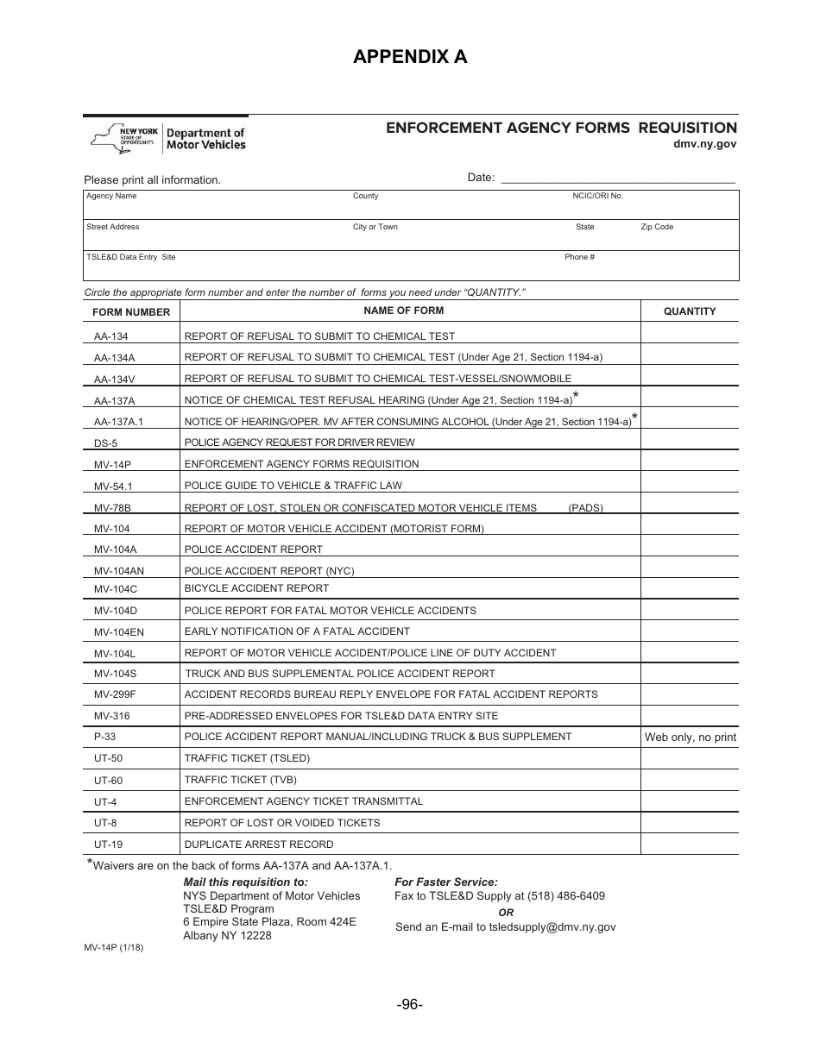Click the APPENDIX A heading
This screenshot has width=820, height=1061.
click(410, 57)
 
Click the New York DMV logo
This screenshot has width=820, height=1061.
click(167, 138)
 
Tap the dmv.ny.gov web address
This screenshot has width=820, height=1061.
click(705, 145)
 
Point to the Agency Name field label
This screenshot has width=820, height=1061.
click(111, 197)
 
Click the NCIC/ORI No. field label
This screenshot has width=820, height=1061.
click(597, 197)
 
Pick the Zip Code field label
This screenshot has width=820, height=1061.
click(656, 228)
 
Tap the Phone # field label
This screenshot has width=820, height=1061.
click(579, 258)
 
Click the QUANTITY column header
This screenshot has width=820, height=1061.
click(689, 311)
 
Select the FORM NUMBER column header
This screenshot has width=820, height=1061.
click(131, 312)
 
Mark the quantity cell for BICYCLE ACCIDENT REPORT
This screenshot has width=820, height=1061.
click(689, 588)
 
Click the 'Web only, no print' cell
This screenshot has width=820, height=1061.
click(690, 738)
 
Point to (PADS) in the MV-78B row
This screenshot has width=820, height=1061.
click(585, 508)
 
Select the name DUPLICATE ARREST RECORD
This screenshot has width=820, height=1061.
click(259, 844)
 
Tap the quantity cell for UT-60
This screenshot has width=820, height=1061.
click(689, 780)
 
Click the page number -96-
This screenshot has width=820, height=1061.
click(410, 1005)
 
